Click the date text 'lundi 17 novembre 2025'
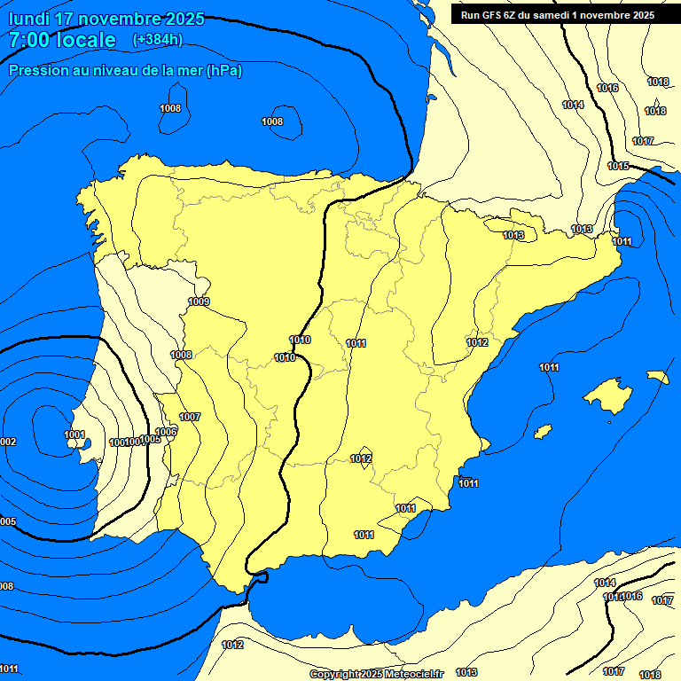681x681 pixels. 106,19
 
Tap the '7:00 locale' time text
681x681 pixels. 62,40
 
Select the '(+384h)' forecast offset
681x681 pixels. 158,40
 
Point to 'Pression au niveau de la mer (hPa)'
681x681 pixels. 125,70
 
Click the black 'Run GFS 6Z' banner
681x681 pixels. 558,15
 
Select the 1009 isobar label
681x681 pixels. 199,302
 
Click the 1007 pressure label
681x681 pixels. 190,417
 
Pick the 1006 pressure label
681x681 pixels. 167,432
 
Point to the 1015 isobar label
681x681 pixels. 618,167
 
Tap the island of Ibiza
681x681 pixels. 542,431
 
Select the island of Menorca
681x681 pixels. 657,376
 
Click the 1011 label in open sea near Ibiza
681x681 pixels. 549,368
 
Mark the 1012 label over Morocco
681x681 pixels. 232,645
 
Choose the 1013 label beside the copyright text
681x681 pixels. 466,672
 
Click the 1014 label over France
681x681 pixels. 573,105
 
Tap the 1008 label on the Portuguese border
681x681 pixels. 181,355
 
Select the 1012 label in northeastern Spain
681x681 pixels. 477,342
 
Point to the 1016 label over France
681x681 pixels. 607,88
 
